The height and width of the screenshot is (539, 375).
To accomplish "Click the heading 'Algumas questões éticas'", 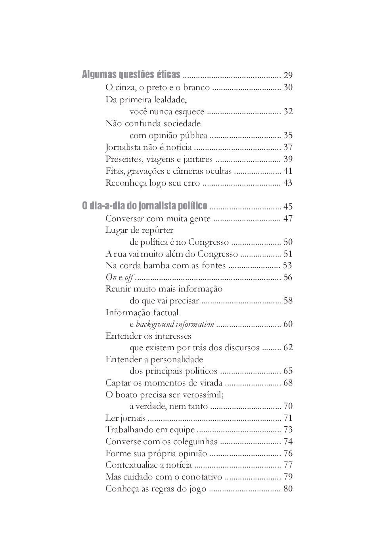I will point(131,75).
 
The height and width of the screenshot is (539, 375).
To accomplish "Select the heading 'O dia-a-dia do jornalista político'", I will point(144,206).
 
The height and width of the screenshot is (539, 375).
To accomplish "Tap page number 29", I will point(288,75).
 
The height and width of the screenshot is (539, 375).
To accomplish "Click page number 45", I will point(288,207).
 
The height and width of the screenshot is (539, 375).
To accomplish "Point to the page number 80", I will point(288,489).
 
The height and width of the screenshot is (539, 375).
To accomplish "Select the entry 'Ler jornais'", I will point(125,418).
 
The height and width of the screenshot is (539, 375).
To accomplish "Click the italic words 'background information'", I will point(175,324).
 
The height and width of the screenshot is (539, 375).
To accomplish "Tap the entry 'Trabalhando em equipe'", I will point(150,430).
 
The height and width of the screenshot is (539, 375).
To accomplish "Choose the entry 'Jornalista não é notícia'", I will point(148,148).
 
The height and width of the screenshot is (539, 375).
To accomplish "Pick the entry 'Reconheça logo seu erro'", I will point(153,183).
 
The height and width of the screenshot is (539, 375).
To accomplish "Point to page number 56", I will point(288,277).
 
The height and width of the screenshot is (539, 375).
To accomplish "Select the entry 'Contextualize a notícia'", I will point(148,465).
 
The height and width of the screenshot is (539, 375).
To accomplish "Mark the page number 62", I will point(288,348).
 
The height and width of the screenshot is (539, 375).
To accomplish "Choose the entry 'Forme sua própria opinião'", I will point(156,453).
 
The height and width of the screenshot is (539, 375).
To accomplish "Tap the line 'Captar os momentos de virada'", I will point(163,383).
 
